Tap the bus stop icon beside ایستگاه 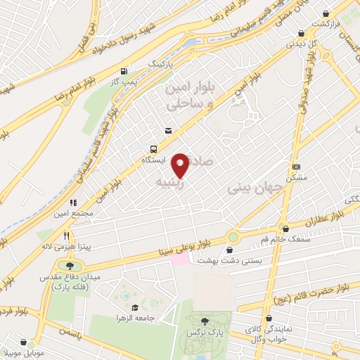[153, 149]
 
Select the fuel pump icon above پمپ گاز [124, 71]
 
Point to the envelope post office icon [168, 130]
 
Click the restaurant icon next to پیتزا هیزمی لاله [66, 236]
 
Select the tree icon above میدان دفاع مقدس [70, 265]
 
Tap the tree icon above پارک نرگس [205, 320]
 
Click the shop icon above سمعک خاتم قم [285, 228]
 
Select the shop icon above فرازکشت [325, 13]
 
